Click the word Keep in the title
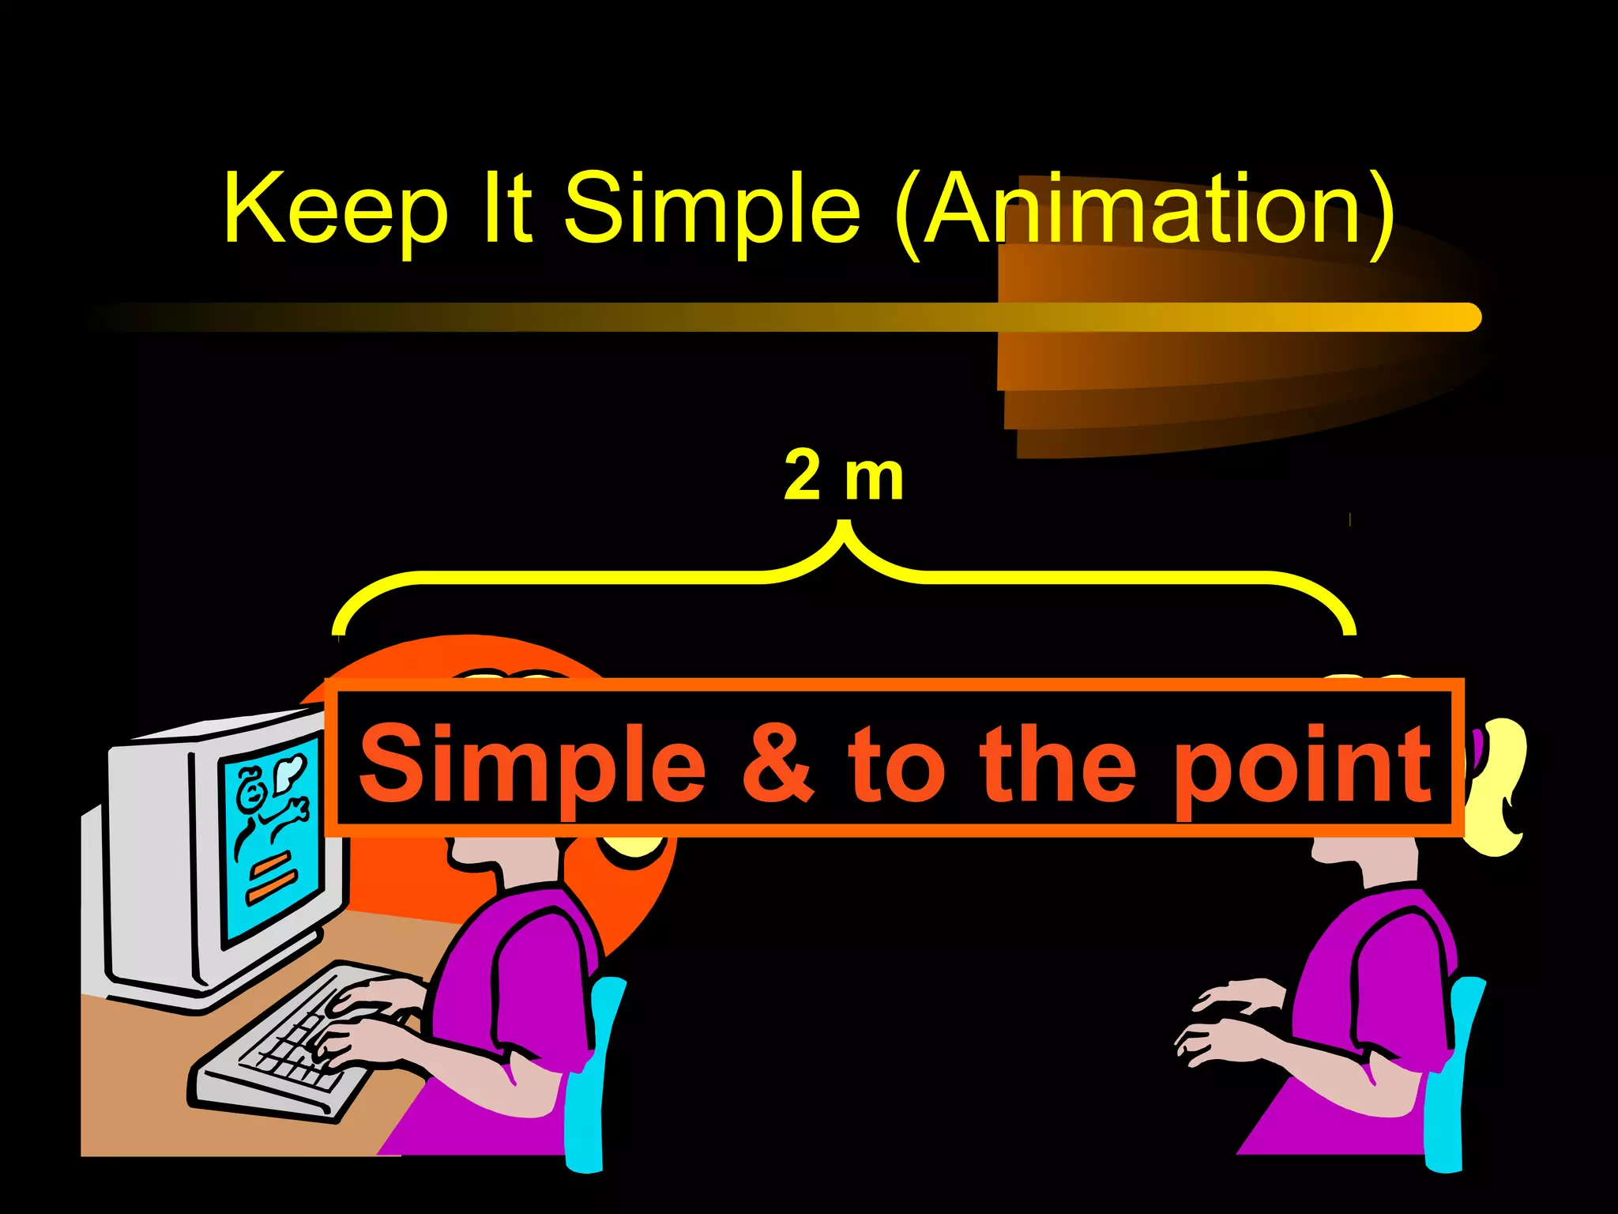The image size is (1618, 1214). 336,209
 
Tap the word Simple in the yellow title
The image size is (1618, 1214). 712,209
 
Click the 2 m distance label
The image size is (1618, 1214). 843,477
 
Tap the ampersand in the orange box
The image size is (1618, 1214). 777,763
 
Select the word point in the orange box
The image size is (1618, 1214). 1304,767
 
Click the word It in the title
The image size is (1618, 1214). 506,209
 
